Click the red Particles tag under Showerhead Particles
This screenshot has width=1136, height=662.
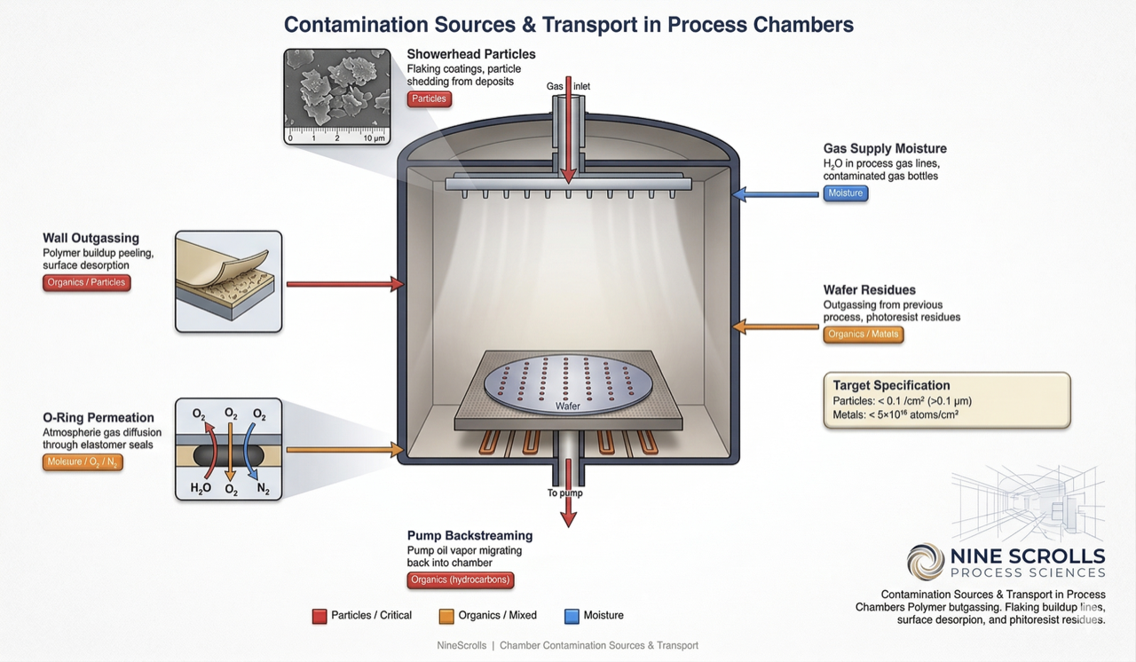point(430,99)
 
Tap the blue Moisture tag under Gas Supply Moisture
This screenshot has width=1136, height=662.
point(845,193)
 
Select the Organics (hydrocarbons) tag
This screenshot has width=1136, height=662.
point(461,580)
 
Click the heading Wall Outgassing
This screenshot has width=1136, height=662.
point(91,238)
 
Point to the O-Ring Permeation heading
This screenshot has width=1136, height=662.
point(98,417)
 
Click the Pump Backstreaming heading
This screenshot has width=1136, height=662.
point(469,535)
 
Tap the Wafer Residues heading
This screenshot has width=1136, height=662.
point(869,289)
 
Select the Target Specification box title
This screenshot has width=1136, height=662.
point(891,385)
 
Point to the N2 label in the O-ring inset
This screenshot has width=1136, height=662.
point(263,489)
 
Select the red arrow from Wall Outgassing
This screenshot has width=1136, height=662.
point(345,284)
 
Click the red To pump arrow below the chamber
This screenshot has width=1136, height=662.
point(569,509)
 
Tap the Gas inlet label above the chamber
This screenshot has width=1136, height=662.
point(568,86)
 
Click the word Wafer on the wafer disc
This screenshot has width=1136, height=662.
point(568,406)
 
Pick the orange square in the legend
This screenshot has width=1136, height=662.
point(446,616)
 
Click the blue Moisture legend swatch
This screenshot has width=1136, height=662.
point(572,616)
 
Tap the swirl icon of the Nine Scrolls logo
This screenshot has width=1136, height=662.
point(926,562)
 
